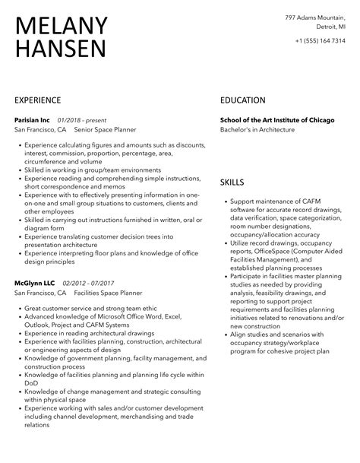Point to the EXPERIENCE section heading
click(x=41, y=100)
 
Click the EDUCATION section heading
click(x=243, y=100)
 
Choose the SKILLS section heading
click(x=232, y=182)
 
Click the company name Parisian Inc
click(x=33, y=119)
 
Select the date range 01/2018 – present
click(x=81, y=119)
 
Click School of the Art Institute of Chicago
click(x=281, y=119)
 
